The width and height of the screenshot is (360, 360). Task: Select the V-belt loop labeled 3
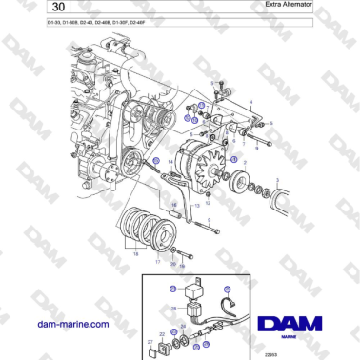point(283,195)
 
